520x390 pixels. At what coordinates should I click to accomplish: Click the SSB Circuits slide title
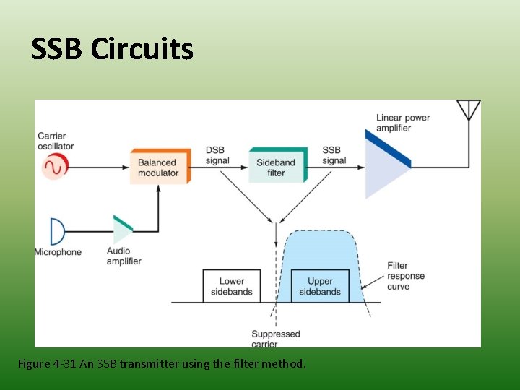tap(113, 49)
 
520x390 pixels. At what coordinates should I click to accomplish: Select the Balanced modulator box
tap(159, 168)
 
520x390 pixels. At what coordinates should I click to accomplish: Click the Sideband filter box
tap(277, 167)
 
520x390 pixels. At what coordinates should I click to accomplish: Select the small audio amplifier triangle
tap(122, 230)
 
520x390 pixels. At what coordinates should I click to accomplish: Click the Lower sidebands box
tap(231, 286)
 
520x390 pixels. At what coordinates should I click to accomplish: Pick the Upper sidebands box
tap(320, 286)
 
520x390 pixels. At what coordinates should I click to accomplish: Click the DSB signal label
tap(217, 155)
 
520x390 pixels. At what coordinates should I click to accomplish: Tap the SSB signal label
tap(334, 155)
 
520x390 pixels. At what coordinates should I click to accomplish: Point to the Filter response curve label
tap(407, 276)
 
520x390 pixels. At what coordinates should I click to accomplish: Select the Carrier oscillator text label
tap(56, 141)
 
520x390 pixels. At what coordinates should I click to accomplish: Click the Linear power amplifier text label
tap(402, 123)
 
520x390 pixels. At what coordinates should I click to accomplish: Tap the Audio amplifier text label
tap(124, 256)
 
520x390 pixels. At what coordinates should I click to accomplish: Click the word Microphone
tap(58, 252)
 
